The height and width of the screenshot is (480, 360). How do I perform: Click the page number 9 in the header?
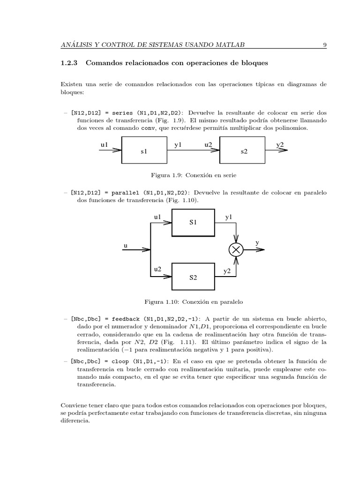coord(324,45)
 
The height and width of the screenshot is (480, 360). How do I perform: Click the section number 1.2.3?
coord(70,62)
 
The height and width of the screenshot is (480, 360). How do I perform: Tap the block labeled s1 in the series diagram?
coord(144,150)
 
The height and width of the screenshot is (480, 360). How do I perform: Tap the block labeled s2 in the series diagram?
coord(244,150)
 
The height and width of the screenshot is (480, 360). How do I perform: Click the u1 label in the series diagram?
coord(104,145)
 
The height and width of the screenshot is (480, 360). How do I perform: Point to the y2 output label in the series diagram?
coord(280,145)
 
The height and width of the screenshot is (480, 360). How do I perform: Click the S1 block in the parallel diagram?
coord(194,223)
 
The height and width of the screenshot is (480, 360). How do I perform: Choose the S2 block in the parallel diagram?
coord(194,277)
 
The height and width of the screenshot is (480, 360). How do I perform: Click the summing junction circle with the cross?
coord(236,250)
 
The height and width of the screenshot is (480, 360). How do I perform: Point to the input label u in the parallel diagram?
coord(125,245)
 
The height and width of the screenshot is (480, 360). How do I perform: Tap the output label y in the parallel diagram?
coord(257,243)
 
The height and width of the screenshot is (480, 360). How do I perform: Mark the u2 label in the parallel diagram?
coord(158,269)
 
